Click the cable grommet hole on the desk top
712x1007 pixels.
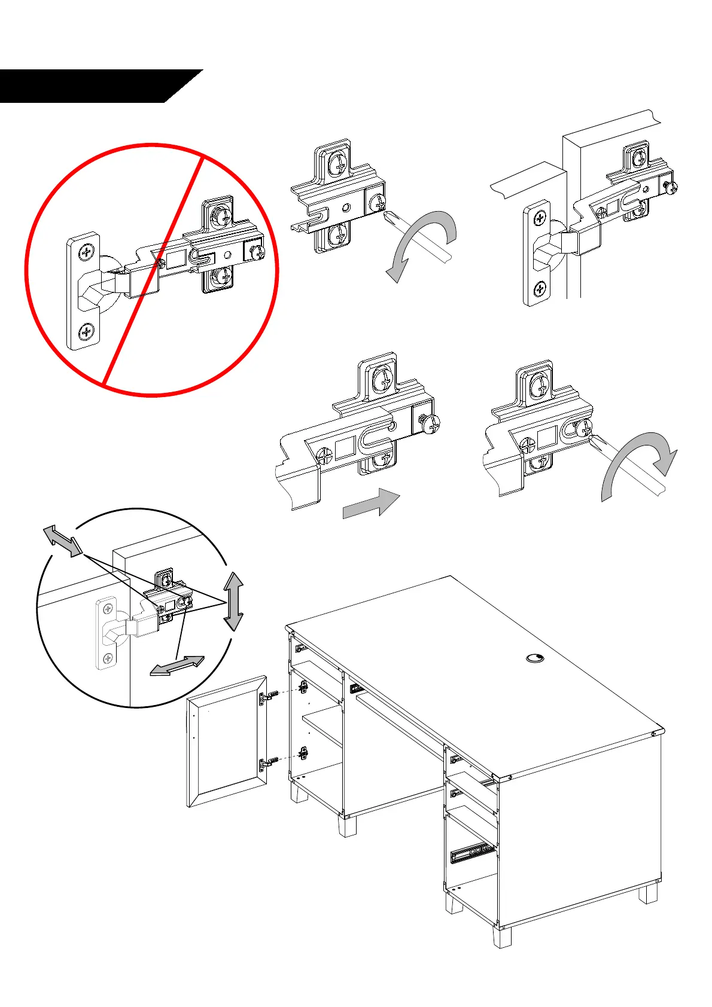pyautogui.click(x=535, y=658)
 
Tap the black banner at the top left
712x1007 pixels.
pyautogui.click(x=90, y=86)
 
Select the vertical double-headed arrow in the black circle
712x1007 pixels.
pyautogui.click(x=233, y=601)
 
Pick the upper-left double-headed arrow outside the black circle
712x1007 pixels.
pyautogui.click(x=62, y=540)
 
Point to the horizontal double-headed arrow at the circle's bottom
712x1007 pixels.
pyautogui.click(x=177, y=666)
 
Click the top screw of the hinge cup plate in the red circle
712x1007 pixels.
pyautogui.click(x=87, y=251)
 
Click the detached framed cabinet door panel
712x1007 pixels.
pyautogui.click(x=226, y=741)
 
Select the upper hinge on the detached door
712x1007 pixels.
pyautogui.click(x=267, y=696)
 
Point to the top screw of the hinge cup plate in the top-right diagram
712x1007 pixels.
pyautogui.click(x=540, y=219)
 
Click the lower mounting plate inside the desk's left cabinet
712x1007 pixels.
pyautogui.click(x=304, y=753)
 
